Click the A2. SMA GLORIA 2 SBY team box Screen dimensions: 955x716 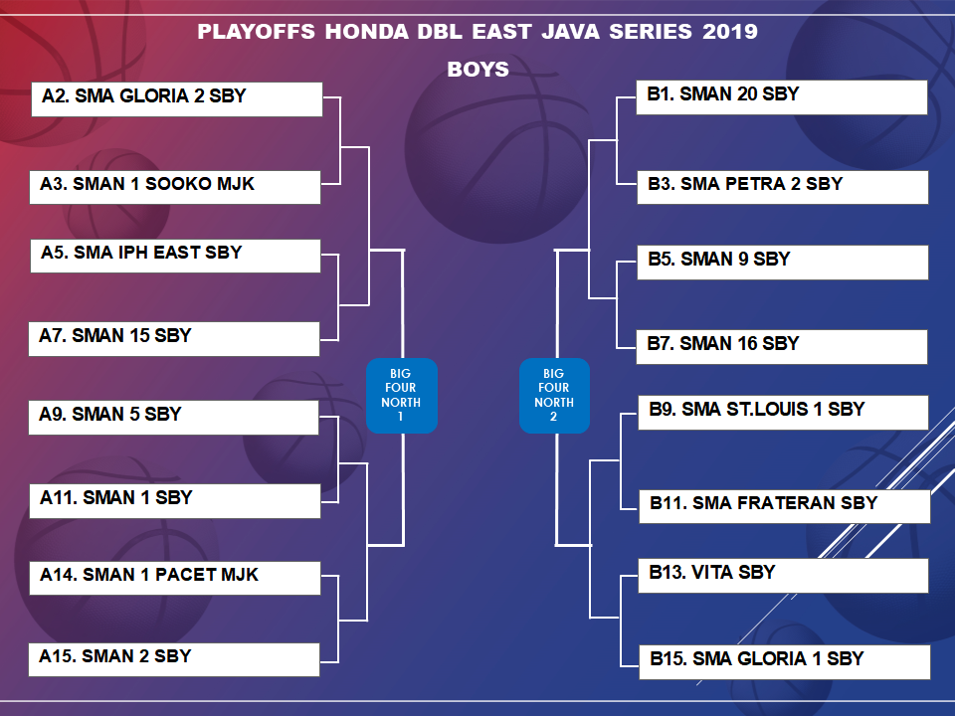click(x=177, y=99)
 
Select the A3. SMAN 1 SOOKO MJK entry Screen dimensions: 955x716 click(x=175, y=187)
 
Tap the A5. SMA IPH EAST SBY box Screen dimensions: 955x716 click(x=175, y=256)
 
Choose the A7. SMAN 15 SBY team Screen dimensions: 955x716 click(x=174, y=338)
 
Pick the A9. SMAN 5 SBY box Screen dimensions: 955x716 click(x=173, y=417)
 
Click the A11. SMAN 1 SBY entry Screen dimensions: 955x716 click(x=175, y=501)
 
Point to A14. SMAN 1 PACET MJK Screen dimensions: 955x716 click(x=175, y=578)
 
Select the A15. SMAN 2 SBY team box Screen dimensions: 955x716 click(x=174, y=659)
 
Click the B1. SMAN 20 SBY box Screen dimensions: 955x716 click(x=782, y=97)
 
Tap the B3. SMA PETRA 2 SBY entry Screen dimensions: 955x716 click(x=783, y=187)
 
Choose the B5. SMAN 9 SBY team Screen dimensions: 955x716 click(x=783, y=263)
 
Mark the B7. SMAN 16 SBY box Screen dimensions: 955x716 click(x=782, y=347)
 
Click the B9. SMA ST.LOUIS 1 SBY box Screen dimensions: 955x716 click(x=783, y=412)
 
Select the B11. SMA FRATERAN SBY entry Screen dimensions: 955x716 click(x=785, y=506)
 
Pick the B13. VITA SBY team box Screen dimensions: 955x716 click(x=783, y=576)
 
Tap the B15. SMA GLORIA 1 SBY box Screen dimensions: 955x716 click(x=785, y=662)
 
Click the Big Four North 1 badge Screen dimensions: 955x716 click(x=402, y=396)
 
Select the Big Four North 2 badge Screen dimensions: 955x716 click(x=554, y=396)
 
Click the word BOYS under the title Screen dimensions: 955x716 click(x=478, y=70)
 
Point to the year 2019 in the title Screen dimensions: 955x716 click(x=730, y=32)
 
